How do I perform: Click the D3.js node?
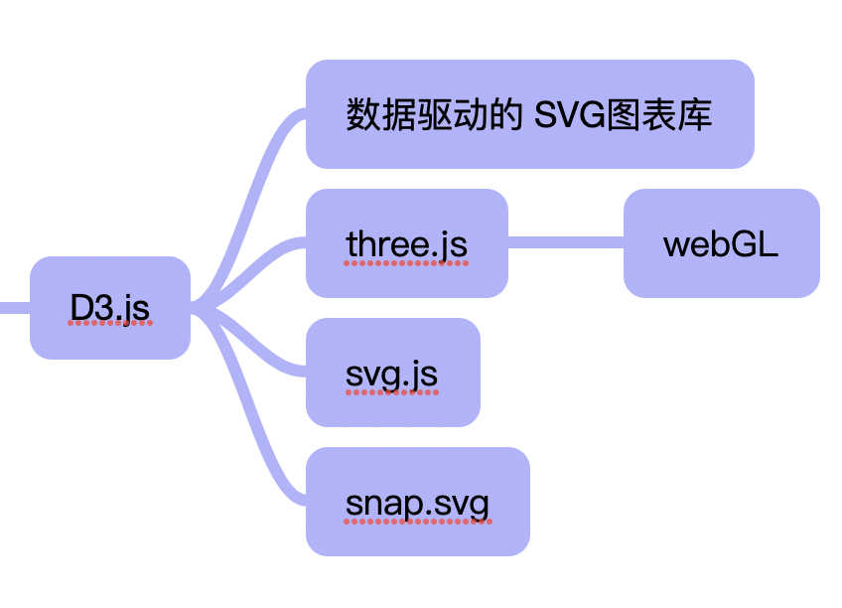tap(109, 307)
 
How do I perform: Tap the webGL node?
tap(721, 243)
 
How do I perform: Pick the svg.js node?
tap(392, 373)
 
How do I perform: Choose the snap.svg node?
tap(417, 502)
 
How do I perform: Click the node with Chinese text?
tap(529, 114)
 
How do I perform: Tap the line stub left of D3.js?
tap(14, 307)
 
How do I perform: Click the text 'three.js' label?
tap(406, 243)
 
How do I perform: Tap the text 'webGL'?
tap(721, 243)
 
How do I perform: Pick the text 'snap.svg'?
tap(417, 504)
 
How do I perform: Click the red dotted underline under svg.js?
tap(392, 391)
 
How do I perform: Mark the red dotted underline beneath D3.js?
tap(109, 324)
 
